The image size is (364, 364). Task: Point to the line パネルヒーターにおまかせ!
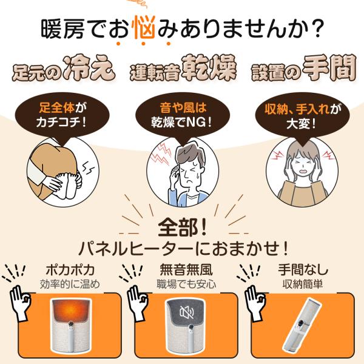click(182, 249)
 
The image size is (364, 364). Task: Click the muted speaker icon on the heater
click(186, 313)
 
